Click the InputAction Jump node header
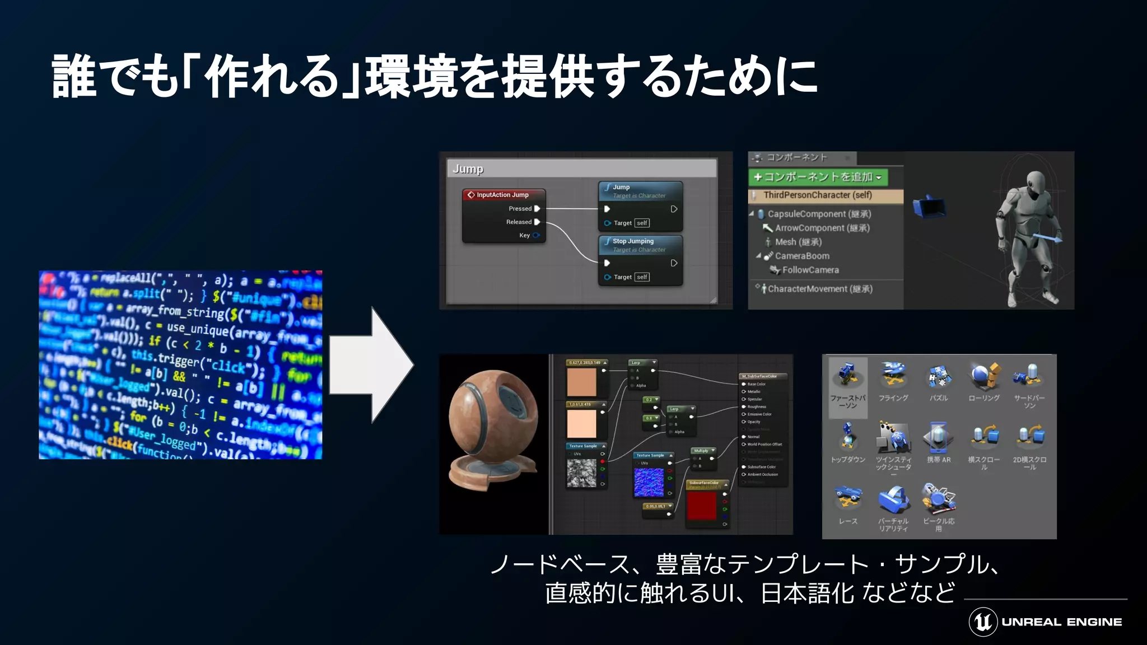[503, 195]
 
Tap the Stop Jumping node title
[633, 241]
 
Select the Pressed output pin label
[520, 209]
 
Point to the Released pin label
[519, 222]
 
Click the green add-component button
[818, 177]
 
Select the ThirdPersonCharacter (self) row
[818, 195]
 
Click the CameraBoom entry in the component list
[802, 256]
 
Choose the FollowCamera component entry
[810, 270]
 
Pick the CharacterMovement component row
[819, 289]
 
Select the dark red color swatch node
[702, 506]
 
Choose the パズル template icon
[938, 376]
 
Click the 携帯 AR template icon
[938, 438]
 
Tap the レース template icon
[847, 498]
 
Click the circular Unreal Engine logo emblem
[983, 621]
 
